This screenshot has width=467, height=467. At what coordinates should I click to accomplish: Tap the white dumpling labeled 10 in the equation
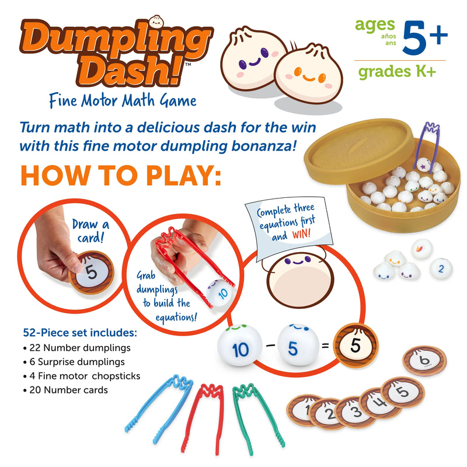(241, 349)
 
